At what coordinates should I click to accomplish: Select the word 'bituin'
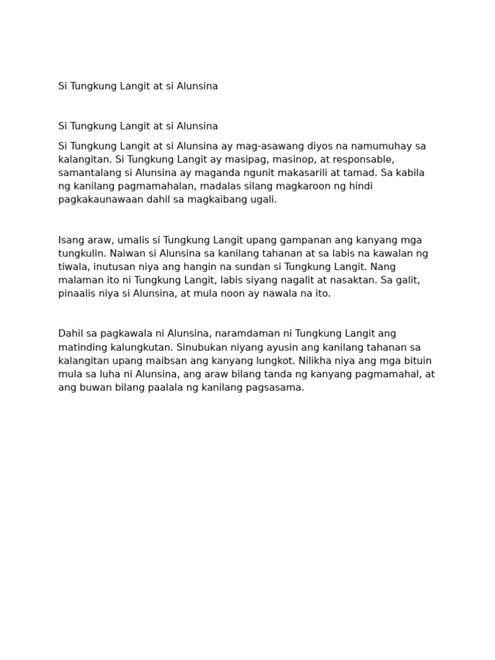click(x=418, y=361)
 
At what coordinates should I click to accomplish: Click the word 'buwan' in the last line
click(x=90, y=388)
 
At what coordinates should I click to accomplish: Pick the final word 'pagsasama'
click(x=276, y=388)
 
